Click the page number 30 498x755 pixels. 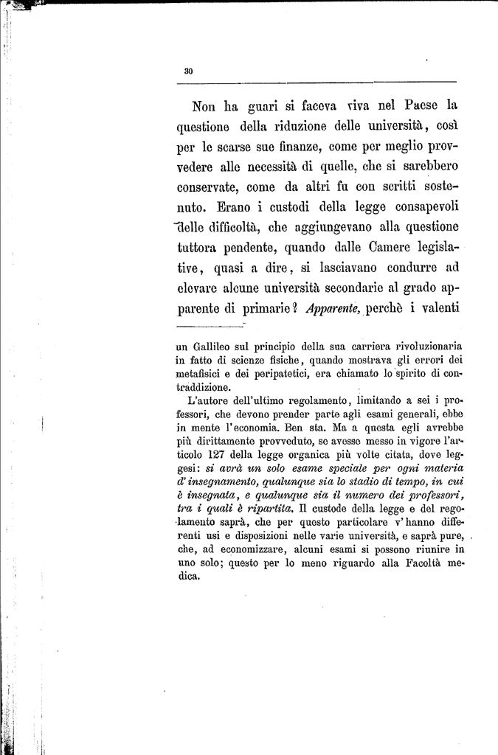(188, 71)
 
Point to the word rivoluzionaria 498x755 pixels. (418, 346)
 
